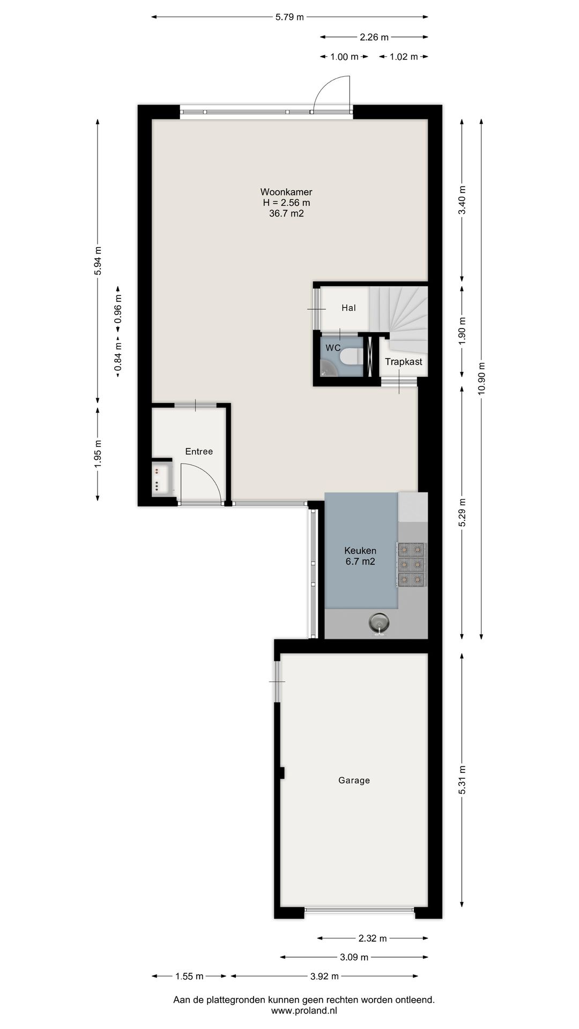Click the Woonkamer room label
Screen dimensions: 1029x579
pos(286,192)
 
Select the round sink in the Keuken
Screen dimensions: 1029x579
pos(379,623)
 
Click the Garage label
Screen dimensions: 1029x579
pos(354,780)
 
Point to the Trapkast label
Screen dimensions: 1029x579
pos(403,362)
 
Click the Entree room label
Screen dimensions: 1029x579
pos(199,451)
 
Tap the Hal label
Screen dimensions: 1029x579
pos(348,308)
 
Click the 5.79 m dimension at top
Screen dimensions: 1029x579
pos(289,17)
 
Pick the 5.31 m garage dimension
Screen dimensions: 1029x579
pos(462,782)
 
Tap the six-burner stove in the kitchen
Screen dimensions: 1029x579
pos(412,563)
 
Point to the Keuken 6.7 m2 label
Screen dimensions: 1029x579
pos(360,556)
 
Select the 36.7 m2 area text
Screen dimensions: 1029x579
pos(286,214)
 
